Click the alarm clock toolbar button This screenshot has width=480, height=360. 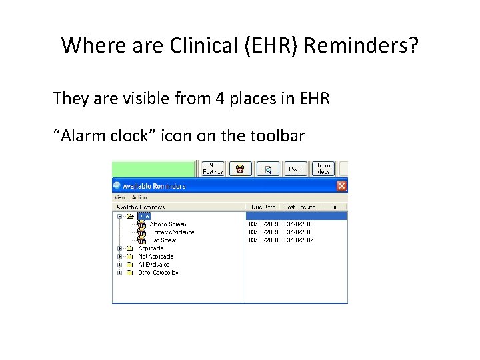click(240, 169)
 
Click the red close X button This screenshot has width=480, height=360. click(341, 186)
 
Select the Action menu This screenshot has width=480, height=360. click(139, 197)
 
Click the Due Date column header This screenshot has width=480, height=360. click(263, 207)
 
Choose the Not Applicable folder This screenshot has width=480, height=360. click(155, 256)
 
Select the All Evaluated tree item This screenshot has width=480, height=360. click(154, 264)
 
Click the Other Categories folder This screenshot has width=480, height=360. click(157, 272)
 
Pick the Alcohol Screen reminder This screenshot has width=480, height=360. click(167, 225)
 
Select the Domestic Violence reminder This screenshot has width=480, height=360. click(171, 232)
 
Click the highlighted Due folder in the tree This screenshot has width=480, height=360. click(145, 216)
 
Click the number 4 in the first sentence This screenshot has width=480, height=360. click(219, 99)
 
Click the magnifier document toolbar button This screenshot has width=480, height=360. click(268, 169)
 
